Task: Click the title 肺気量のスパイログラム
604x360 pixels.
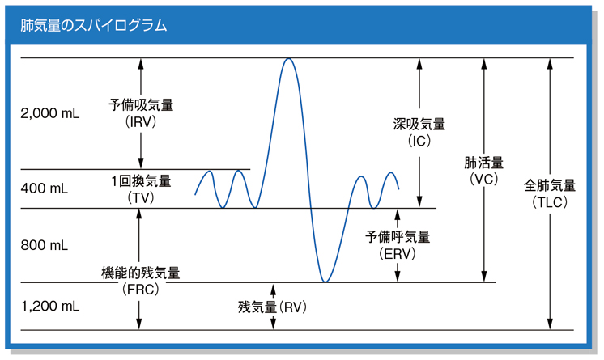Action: point(94,25)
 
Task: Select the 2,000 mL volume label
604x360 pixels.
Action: point(50,113)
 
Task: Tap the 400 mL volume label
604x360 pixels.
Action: point(45,188)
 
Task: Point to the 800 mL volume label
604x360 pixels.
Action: point(45,245)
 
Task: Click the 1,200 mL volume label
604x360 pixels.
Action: point(50,306)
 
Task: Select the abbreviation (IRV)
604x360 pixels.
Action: point(141,121)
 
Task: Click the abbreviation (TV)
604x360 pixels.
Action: point(141,197)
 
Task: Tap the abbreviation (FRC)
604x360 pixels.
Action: point(141,289)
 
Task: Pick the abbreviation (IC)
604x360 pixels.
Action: point(419,141)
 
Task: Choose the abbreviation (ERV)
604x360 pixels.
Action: point(398,254)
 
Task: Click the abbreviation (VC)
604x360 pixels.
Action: point(484,180)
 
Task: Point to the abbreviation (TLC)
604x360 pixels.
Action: point(550,202)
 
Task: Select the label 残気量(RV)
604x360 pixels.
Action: point(272,307)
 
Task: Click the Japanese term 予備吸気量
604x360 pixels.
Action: point(141,104)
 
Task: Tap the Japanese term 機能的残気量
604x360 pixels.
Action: point(141,273)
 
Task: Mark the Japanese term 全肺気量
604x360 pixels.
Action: point(550,185)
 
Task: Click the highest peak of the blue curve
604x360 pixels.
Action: point(288,58)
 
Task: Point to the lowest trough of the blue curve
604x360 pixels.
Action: point(325,282)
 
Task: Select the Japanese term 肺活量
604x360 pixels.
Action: point(484,163)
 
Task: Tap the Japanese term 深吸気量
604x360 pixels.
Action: point(419,124)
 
